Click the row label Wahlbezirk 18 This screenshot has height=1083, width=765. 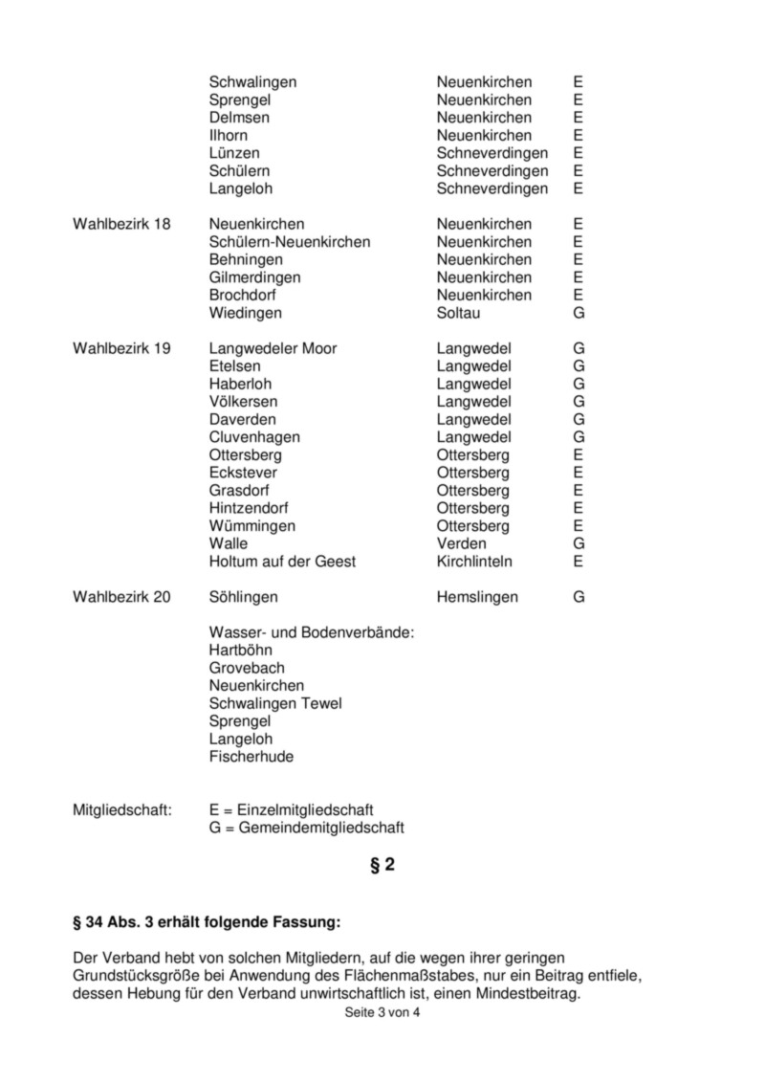pos(121,224)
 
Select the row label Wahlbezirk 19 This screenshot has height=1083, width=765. pos(121,348)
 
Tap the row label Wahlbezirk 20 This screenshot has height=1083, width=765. pos(121,597)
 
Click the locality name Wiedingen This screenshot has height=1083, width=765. pos(246,313)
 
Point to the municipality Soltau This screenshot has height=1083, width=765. pos(459,313)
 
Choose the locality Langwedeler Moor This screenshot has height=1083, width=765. pos(273,348)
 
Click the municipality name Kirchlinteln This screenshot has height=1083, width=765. pos(474,562)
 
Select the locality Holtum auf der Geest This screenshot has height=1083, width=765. pos(282,562)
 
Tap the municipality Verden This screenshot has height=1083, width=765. pos(461,543)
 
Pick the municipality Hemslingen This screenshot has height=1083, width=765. pos(477,597)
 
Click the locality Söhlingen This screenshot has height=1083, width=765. pos(244,597)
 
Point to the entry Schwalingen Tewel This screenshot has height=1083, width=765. pos(275,703)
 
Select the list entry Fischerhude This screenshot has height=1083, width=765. pos(251,757)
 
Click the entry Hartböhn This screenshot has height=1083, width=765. pos(240,651)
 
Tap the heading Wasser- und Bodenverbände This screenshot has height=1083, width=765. pos(312,632)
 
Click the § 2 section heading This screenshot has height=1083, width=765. pos(382,866)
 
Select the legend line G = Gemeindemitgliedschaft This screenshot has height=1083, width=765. pos(307,828)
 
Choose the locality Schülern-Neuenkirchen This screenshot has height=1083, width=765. pos(290,242)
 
